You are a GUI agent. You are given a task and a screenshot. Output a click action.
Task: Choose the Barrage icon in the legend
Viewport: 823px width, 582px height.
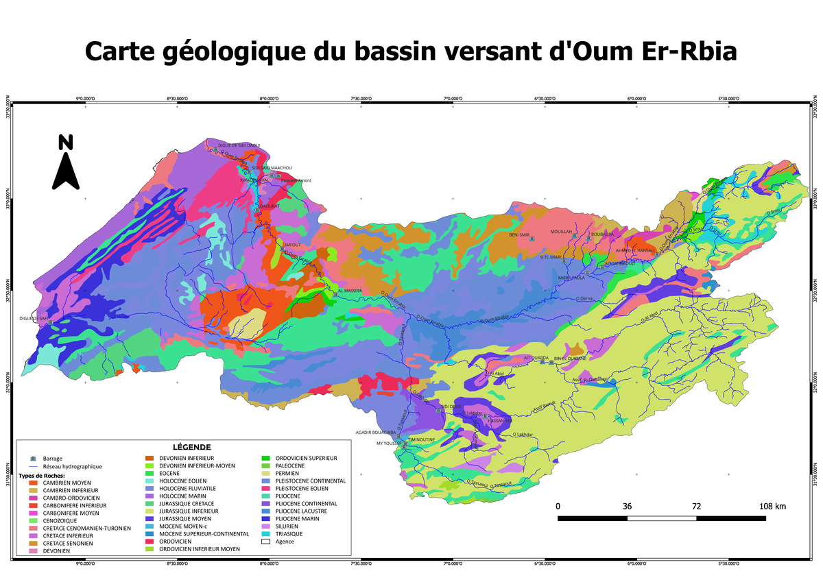point(33,458)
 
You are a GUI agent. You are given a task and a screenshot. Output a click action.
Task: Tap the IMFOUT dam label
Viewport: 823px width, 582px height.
point(293,244)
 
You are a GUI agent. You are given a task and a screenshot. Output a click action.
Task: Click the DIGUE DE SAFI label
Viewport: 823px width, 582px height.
point(33,318)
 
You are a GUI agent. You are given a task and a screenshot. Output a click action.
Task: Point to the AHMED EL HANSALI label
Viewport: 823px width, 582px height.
point(635,250)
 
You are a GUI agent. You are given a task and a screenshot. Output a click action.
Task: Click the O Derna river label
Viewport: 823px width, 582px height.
point(584,298)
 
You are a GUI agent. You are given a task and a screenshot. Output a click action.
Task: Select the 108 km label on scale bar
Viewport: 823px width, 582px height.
point(772,507)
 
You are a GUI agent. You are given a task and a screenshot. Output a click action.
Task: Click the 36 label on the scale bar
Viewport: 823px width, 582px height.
point(627,507)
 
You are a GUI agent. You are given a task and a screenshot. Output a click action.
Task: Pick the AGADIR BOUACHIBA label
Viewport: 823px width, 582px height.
point(376,433)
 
